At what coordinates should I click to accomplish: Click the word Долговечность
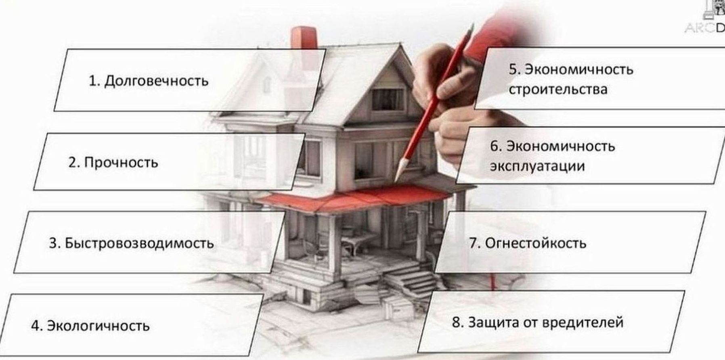156,81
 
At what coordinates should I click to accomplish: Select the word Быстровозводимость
139,243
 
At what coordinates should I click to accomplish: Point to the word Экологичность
98,325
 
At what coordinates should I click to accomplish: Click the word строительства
558,89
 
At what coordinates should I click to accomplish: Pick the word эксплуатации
537,166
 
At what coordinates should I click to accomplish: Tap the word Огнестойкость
536,243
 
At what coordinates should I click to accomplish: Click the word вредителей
582,322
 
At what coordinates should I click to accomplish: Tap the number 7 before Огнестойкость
474,243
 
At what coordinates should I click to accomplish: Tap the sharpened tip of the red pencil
397,178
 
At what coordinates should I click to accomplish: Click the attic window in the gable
387,99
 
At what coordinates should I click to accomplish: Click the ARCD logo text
705,27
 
